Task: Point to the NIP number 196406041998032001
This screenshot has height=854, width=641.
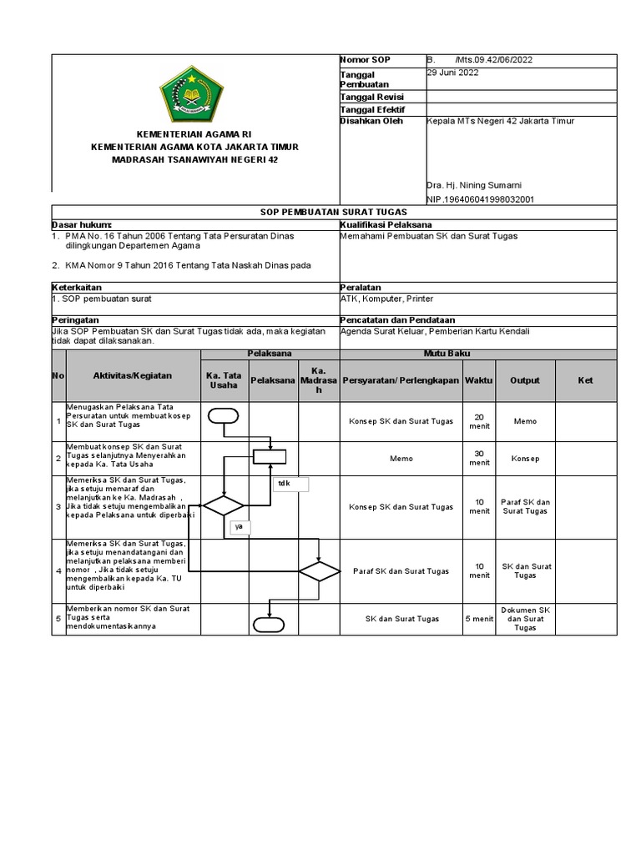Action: point(480,199)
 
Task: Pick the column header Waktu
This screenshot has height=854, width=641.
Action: point(479,380)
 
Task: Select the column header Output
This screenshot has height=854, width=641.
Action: point(525,380)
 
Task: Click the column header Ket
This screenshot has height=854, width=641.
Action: point(585,380)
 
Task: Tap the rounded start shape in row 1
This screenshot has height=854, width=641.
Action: point(224,416)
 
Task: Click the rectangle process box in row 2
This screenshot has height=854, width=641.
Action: point(270,456)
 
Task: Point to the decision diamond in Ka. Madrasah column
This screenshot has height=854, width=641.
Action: point(320,571)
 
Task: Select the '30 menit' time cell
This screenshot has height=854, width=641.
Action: point(479,458)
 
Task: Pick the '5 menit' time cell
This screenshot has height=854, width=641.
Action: point(479,618)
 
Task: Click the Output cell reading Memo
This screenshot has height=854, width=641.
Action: point(525,421)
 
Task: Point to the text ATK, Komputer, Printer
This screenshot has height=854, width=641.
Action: point(387,299)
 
